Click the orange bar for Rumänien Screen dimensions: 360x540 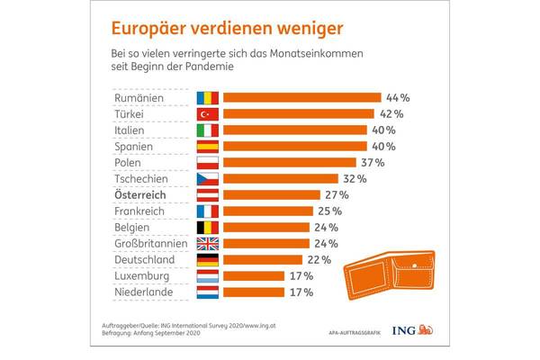coord(301,97)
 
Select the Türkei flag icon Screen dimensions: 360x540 coord(207,113)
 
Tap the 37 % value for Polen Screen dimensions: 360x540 coord(373,162)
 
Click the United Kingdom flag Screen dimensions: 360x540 coord(207,243)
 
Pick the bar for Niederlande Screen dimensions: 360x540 coord(255,292)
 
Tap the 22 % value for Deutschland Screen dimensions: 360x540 coord(319,259)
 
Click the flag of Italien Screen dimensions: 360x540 coord(207,130)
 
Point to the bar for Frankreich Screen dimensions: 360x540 coord(268,211)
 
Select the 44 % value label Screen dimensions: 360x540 coord(398,97)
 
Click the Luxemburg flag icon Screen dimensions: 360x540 coord(207,275)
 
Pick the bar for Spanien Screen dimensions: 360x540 coord(295,146)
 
